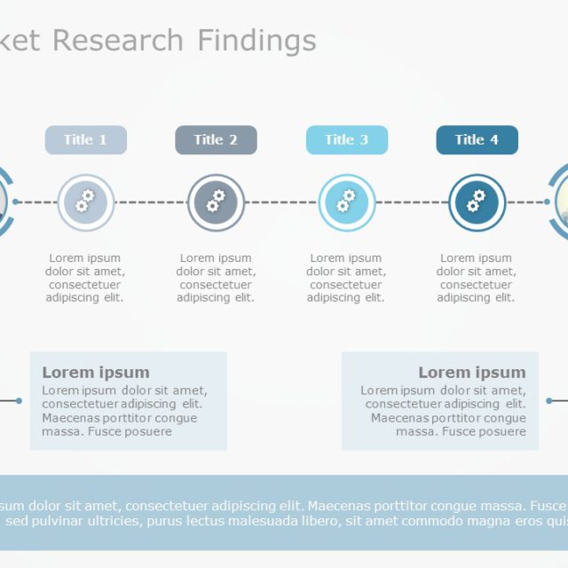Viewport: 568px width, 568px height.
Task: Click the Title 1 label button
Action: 85,140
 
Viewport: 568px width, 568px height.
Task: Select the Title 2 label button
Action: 216,140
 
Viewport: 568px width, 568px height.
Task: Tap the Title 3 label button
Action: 346,140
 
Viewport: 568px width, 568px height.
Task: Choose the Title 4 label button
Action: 477,140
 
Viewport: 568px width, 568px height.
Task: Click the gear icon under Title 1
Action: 85,202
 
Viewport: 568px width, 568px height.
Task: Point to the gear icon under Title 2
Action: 216,202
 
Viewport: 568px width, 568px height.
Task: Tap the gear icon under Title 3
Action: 346,202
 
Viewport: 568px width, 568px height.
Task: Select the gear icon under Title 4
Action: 477,202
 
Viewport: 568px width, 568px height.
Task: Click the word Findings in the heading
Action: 256,41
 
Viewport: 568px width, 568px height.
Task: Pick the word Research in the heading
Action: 118,41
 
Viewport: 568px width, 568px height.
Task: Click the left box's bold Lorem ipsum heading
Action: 96,373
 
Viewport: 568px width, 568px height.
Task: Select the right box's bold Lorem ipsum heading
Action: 471,373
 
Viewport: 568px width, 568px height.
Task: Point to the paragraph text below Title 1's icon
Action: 85,278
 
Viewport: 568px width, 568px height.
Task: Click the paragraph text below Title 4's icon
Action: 477,278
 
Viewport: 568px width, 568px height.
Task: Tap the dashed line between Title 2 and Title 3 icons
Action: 280,202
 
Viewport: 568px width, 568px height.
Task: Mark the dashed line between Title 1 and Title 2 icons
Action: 151,202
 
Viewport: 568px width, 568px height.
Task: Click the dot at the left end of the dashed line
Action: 18,202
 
